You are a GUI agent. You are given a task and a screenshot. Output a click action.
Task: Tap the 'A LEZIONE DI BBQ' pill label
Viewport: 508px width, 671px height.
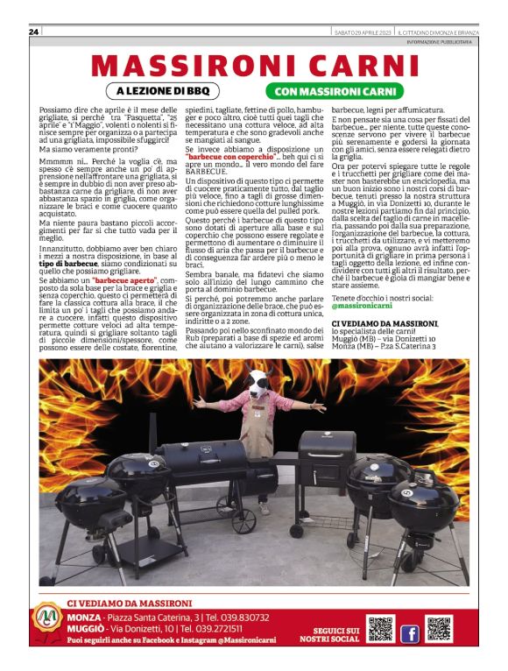click(x=162, y=91)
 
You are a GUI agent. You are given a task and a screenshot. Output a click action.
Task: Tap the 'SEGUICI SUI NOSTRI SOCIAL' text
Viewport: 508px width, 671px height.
click(x=335, y=634)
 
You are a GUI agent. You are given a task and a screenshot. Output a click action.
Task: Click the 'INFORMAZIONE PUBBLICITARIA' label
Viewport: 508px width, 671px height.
click(x=439, y=41)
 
